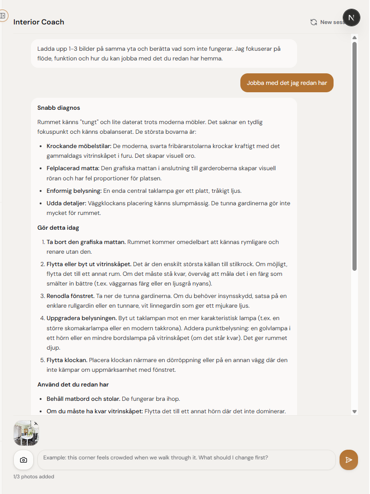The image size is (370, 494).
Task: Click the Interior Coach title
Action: tap(39, 22)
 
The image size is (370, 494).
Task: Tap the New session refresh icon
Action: tap(314, 22)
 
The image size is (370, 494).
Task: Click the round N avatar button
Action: tap(352, 18)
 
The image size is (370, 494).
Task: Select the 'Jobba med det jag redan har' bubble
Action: tap(287, 83)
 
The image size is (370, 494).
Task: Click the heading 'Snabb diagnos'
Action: tap(59, 108)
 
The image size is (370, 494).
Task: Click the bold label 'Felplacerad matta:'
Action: tap(73, 168)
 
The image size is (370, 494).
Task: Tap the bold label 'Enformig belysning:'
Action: tap(74, 190)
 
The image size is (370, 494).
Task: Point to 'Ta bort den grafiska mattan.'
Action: tap(86, 242)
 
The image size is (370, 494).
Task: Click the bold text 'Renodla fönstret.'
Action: tap(71, 296)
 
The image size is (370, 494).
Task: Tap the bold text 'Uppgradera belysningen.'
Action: tap(81, 318)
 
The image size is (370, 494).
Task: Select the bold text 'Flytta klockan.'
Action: tap(67, 360)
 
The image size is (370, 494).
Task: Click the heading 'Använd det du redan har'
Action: tap(73, 384)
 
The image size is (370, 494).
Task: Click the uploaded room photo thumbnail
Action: tap(26, 434)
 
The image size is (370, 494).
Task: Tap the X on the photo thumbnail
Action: tap(36, 423)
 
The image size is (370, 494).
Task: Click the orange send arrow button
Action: tap(349, 460)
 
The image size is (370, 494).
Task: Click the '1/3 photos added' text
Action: tap(34, 477)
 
